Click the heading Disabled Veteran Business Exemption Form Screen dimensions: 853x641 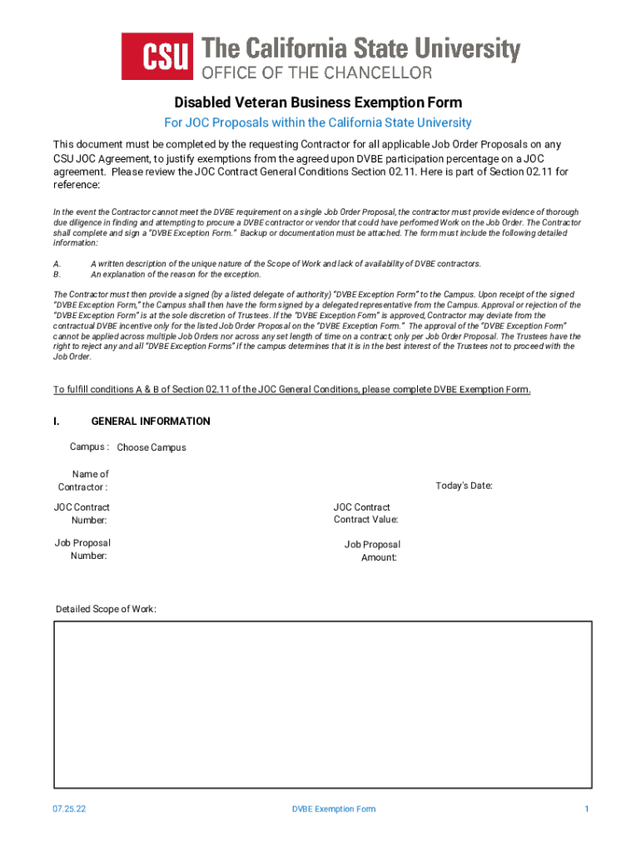coord(318,102)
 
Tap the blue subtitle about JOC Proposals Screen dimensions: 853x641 coord(318,122)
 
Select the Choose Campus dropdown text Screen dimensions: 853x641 coord(152,447)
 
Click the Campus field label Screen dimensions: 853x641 coord(89,446)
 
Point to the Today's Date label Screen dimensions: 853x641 coord(465,486)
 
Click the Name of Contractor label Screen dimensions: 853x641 coord(83,480)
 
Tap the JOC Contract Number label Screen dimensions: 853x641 coord(82,513)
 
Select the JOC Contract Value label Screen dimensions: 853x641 coord(365,513)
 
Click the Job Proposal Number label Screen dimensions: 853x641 coord(82,550)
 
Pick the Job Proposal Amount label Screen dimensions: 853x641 coord(373,551)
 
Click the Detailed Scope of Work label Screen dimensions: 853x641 coord(106,609)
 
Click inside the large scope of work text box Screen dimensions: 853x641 coord(323,704)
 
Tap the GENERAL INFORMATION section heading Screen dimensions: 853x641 coord(151,422)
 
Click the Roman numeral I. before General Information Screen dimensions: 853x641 coord(56,422)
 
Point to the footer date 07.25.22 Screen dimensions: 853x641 coord(67,809)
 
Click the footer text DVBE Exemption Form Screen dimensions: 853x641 coord(334,809)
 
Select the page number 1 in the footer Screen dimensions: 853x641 coord(587,809)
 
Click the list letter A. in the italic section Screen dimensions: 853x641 coord(57,263)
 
